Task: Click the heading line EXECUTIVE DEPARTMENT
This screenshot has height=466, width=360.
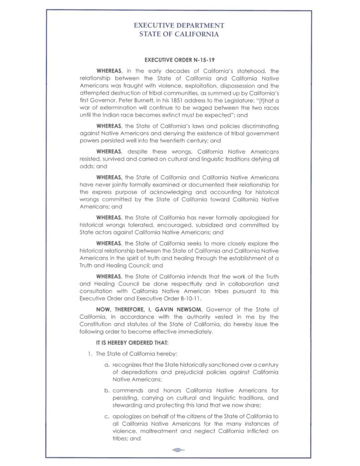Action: click(x=179, y=26)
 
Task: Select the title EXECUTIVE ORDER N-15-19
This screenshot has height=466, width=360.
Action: click(x=179, y=60)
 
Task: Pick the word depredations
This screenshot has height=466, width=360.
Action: click(x=142, y=372)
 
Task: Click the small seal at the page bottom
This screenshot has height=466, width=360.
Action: click(x=178, y=450)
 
